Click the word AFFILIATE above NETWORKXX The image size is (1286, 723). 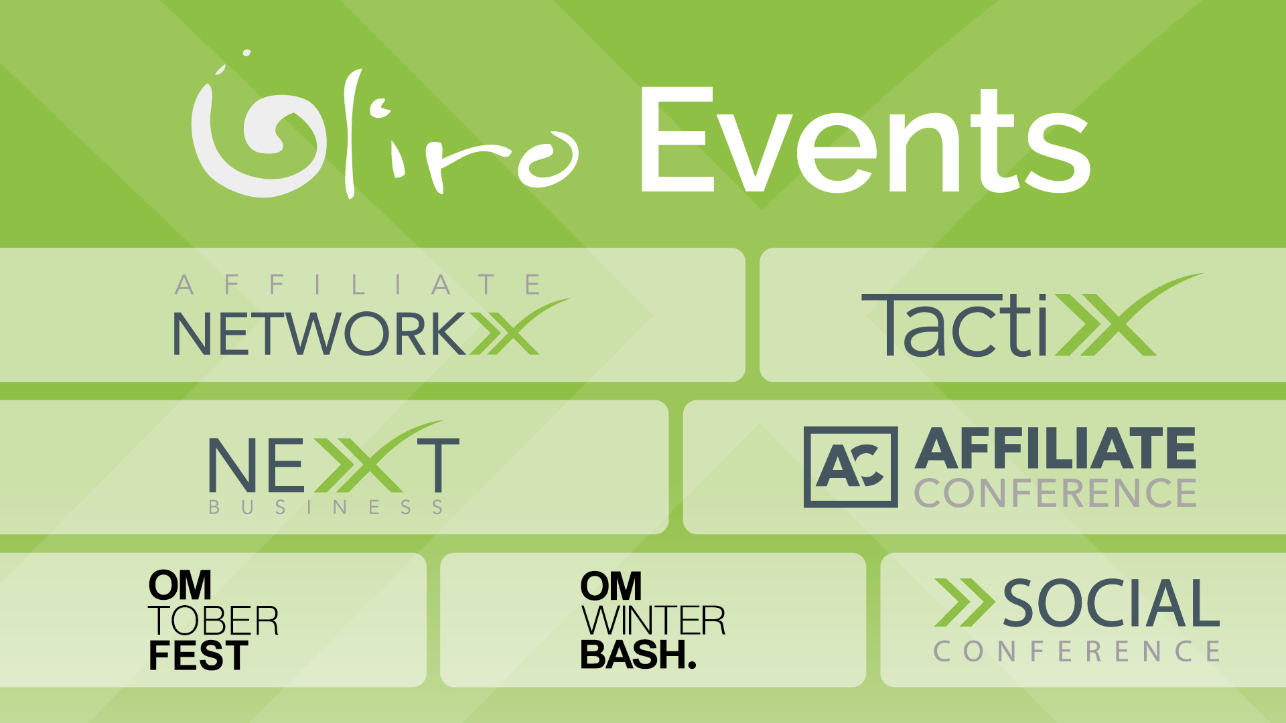[358, 285]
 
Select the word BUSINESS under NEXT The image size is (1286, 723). [326, 507]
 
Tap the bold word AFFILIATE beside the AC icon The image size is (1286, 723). [1055, 449]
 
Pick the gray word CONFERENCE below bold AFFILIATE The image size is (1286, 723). [1055, 493]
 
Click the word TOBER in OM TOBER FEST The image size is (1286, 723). [213, 621]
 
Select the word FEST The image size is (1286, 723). [198, 655]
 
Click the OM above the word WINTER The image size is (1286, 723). [611, 586]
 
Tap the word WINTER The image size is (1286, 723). [653, 621]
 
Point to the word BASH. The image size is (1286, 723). [638, 655]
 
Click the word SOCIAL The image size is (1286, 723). [1111, 603]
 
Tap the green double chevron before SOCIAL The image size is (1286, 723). [964, 602]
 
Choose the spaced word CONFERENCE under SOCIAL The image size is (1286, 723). [1077, 651]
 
